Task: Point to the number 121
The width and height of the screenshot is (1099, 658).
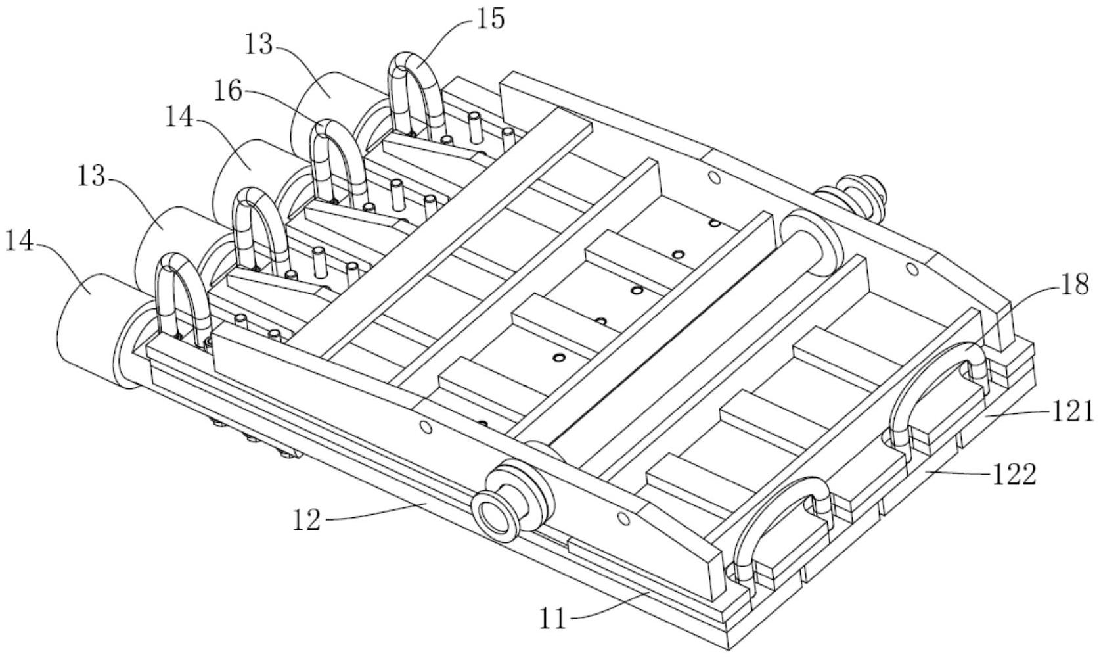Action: (x=1073, y=411)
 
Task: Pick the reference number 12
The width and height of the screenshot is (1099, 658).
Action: (x=305, y=520)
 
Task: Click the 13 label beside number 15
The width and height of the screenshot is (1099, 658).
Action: (x=259, y=45)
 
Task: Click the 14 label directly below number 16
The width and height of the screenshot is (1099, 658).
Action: (x=179, y=118)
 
